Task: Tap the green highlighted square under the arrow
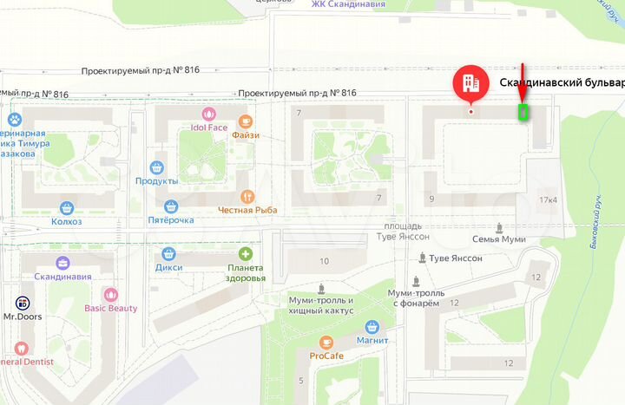coord(523,112)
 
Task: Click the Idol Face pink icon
coord(208,114)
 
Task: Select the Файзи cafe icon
coord(246,121)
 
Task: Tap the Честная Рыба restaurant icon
coord(247,196)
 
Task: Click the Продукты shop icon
coord(157,167)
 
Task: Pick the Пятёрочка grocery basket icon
coord(171,206)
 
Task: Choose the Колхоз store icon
coord(67,208)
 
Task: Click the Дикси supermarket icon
coord(168,254)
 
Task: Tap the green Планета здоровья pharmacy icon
coord(246,254)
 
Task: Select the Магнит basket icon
coord(372,326)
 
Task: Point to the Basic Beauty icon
coord(110,294)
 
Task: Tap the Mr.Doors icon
coord(23,303)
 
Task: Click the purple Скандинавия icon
coord(62,263)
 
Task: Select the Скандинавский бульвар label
coord(562,83)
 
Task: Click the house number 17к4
coord(548,200)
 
